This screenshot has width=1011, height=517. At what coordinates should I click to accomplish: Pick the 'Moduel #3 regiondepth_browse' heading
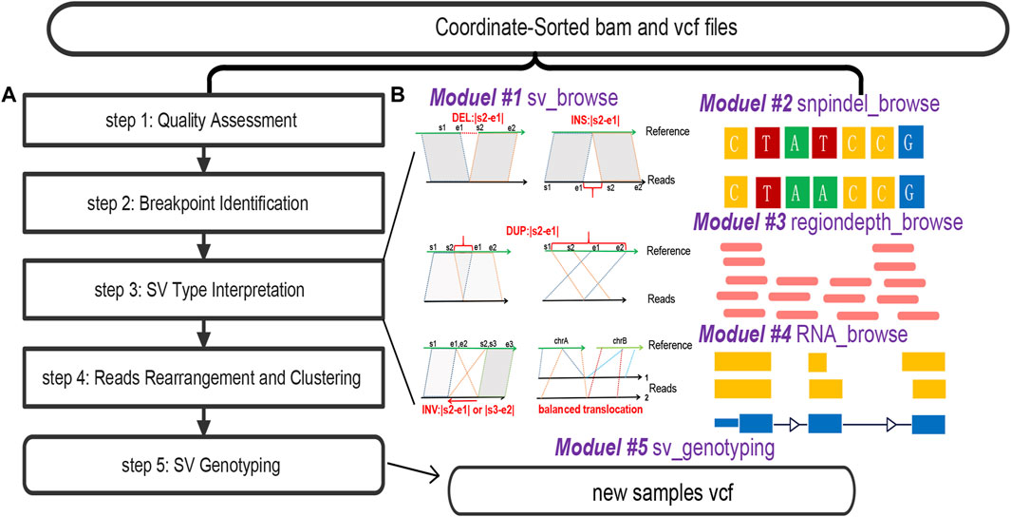828,221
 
